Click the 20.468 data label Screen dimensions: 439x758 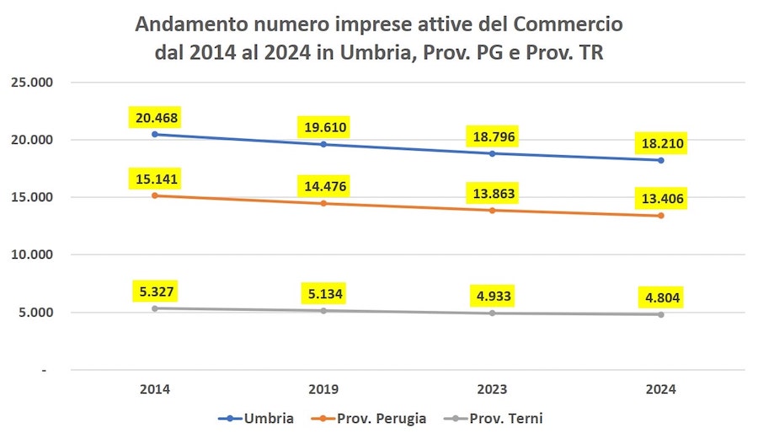[156, 118]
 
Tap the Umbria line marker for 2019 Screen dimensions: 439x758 [324, 144]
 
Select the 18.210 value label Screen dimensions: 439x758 [661, 144]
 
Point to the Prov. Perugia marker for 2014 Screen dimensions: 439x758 [156, 195]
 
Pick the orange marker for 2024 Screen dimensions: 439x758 [661, 216]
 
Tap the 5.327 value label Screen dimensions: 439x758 [156, 292]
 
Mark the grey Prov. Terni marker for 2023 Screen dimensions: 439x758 [493, 313]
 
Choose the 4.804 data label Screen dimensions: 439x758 [661, 298]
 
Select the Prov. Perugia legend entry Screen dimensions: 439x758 [376, 419]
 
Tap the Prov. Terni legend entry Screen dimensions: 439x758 [502, 419]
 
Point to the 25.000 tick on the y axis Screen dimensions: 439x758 [31, 83]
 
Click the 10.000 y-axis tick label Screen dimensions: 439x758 [31, 254]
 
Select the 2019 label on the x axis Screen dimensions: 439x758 [324, 390]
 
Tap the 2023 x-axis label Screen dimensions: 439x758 [493, 390]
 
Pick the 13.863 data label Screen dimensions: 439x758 [493, 194]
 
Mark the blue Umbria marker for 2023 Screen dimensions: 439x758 [493, 153]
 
